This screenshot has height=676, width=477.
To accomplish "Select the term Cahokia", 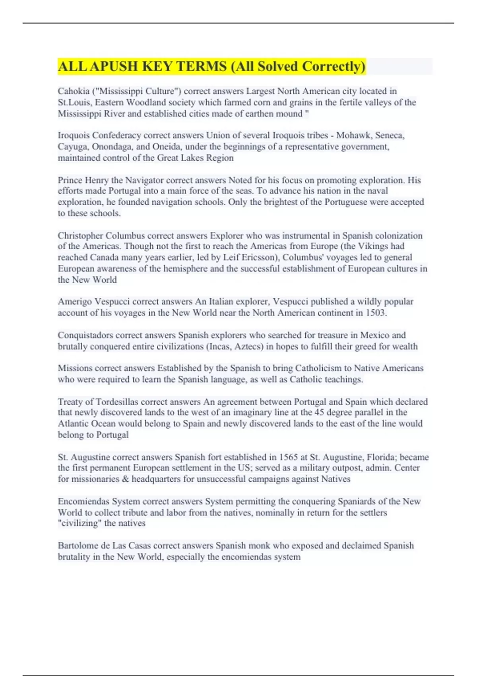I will (73, 91).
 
